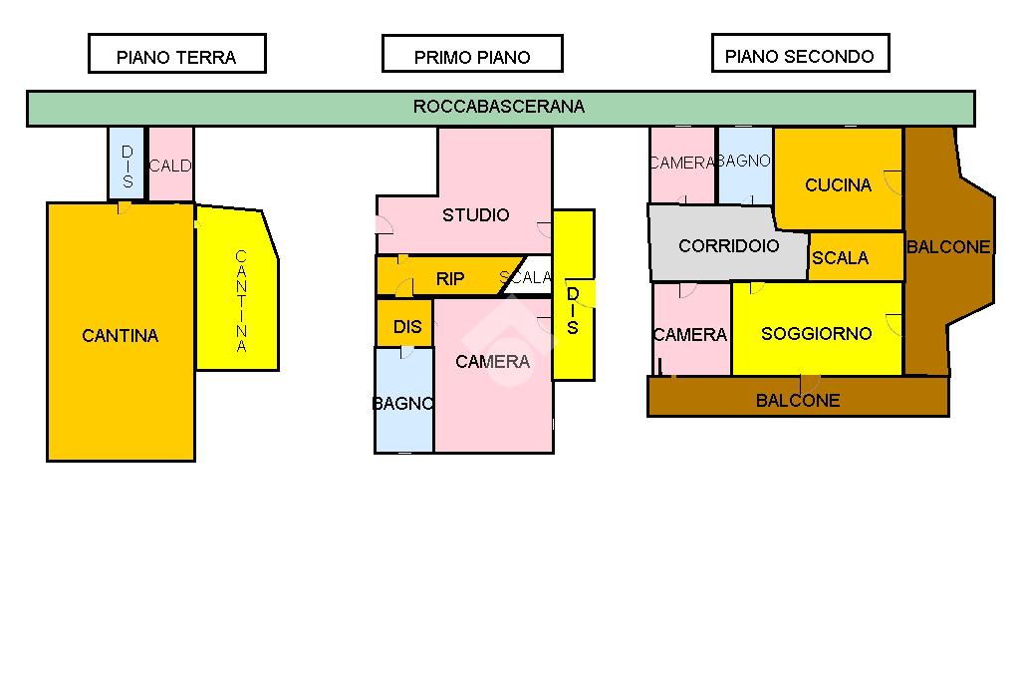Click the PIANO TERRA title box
[x=176, y=55]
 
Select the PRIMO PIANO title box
[x=472, y=55]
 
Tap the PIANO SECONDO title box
[x=800, y=54]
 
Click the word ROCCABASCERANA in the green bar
[x=499, y=107]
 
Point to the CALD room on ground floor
[x=170, y=166]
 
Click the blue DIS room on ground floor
[x=127, y=166]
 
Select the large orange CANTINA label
[x=121, y=336]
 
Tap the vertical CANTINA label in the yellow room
[x=240, y=301]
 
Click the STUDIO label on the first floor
[x=476, y=215]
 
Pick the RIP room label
[x=450, y=279]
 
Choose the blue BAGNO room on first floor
[x=403, y=404]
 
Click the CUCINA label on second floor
[x=838, y=184]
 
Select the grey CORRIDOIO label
[x=728, y=245]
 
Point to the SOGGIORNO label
[x=816, y=334]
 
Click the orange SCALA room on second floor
[x=841, y=257]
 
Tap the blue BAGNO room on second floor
[x=744, y=164]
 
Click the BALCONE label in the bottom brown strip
[x=798, y=400]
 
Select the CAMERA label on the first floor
[x=493, y=362]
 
